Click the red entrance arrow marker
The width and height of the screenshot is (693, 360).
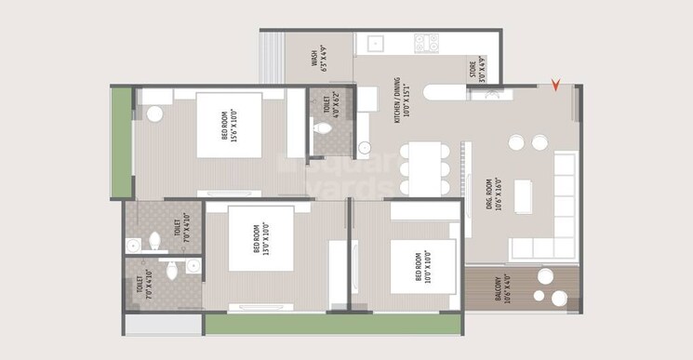(556, 87)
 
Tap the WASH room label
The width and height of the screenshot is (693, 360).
(317, 58)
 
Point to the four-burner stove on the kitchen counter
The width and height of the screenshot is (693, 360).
(426, 43)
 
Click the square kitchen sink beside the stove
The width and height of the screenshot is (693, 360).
(376, 43)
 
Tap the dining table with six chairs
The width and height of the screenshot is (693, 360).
(423, 168)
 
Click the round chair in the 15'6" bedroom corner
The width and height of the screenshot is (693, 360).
(154, 113)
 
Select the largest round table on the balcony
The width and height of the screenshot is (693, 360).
(559, 298)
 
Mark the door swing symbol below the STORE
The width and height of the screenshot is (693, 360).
(493, 93)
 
